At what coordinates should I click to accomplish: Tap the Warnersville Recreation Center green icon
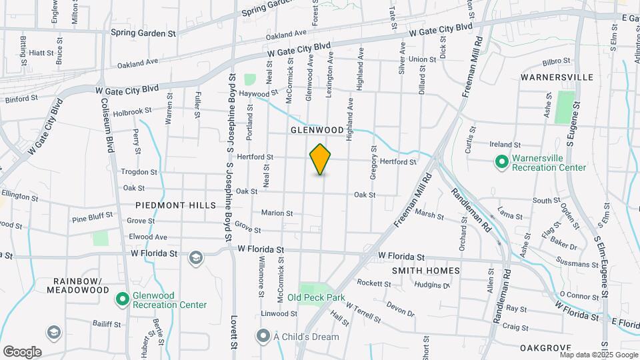[x=501, y=162]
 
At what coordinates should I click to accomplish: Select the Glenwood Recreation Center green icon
[x=122, y=299]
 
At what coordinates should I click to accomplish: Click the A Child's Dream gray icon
[x=263, y=336]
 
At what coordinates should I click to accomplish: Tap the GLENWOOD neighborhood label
[x=317, y=130]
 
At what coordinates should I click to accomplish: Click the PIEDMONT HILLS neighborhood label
[x=176, y=205]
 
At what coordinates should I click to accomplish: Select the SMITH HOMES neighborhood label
[x=425, y=271]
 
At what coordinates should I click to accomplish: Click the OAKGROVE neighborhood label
[x=545, y=348]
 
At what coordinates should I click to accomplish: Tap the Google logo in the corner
[x=22, y=351]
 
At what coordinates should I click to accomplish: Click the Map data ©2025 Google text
[x=598, y=355]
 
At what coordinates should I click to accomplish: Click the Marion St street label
[x=277, y=213]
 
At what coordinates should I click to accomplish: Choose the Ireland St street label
[x=504, y=145]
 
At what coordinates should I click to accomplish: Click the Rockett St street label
[x=373, y=283]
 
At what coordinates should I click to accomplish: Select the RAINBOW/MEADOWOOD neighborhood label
[x=78, y=285]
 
